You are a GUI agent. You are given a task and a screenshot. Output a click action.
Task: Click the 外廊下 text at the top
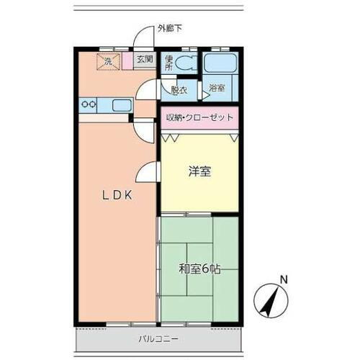click(170, 28)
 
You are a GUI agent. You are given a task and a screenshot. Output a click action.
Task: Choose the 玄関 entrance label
click(144, 60)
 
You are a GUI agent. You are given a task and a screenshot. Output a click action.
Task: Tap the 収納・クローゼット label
click(201, 117)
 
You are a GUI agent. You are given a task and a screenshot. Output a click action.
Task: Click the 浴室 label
click(216, 89)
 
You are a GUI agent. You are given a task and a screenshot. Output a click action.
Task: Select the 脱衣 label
click(179, 90)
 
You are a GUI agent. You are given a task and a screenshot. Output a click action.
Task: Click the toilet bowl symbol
click(188, 62)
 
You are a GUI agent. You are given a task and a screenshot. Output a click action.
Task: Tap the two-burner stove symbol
click(90, 105)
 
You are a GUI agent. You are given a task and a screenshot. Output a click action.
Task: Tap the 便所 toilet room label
click(168, 63)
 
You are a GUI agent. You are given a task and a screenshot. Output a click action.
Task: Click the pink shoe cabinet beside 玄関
click(127, 62)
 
